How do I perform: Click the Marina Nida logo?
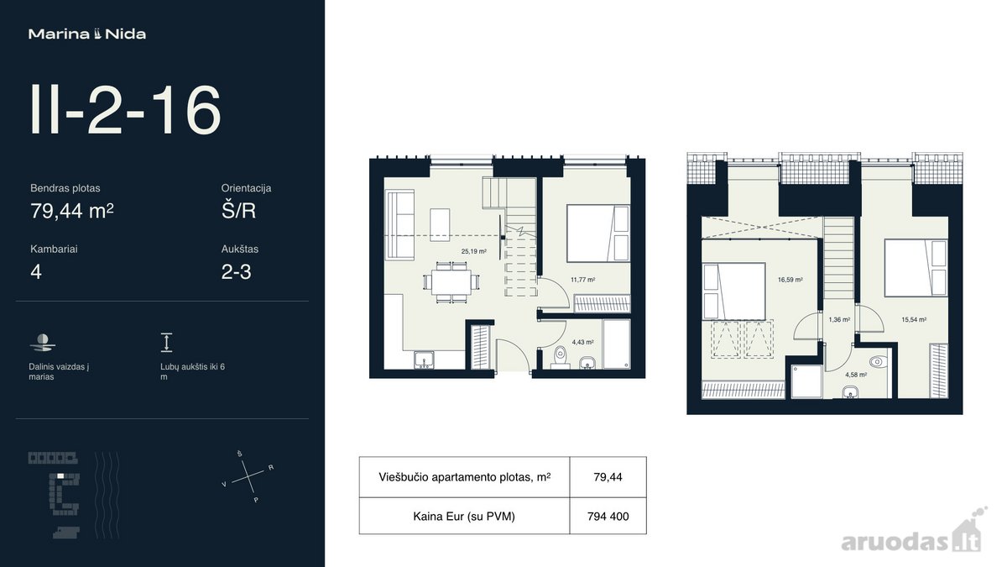(x=87, y=34)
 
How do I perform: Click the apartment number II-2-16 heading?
(x=125, y=110)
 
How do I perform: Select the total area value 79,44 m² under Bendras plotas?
(x=72, y=211)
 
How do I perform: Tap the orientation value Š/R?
(x=238, y=211)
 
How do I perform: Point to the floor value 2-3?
(x=236, y=272)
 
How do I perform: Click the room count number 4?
(x=36, y=272)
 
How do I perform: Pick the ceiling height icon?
(x=166, y=343)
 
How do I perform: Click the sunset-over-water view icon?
(x=43, y=343)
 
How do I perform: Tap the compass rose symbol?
(x=248, y=476)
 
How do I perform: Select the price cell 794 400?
(x=608, y=516)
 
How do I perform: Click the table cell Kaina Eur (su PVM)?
(x=464, y=516)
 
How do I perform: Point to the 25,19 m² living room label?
(x=474, y=251)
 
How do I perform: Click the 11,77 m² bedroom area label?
(x=583, y=280)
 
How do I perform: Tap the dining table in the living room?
(x=451, y=282)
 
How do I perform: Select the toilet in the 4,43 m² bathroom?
(x=561, y=357)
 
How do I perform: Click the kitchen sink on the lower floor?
(x=424, y=360)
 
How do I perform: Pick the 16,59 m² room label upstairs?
(x=790, y=280)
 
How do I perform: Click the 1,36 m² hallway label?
(x=839, y=319)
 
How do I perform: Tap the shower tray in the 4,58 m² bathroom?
(x=806, y=381)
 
